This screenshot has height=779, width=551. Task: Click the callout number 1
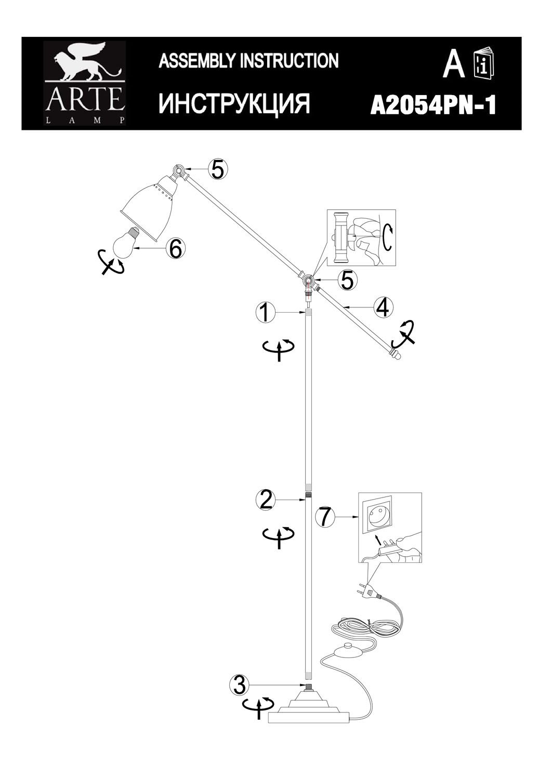pos(265,313)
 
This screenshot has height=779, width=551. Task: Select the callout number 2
pos(265,500)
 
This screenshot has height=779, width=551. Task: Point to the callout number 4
pos(382,307)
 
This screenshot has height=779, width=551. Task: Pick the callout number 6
pos(175,249)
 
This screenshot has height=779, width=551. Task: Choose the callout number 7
pos(324,517)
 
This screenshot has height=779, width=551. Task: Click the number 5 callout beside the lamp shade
pos(218,169)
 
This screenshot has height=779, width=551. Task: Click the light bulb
pos(124,244)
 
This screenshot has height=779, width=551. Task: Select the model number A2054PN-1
pos(433,106)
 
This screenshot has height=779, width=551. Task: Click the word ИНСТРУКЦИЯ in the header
pos(234,103)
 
